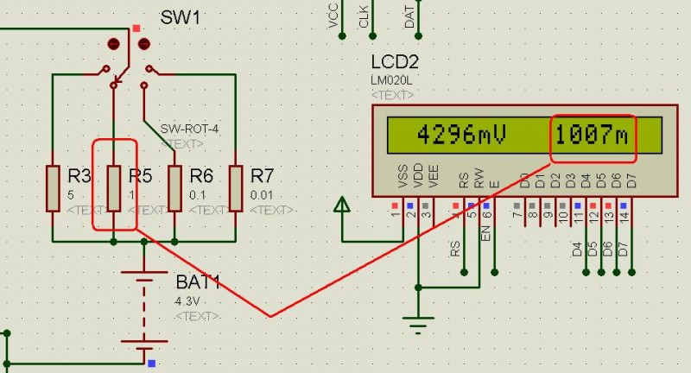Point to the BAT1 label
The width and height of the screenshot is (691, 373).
199,281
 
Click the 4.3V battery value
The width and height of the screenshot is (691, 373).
186,300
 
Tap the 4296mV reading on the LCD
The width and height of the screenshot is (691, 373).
460,135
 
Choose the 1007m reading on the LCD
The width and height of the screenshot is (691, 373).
593,135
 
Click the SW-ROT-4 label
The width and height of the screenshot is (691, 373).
190,129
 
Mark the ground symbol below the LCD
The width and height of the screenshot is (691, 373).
419,324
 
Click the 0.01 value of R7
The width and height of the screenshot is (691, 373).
262,195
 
